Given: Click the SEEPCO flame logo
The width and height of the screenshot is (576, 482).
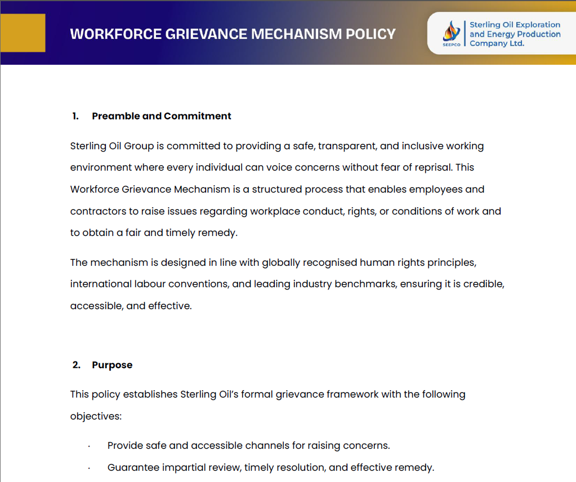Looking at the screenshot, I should [451, 32].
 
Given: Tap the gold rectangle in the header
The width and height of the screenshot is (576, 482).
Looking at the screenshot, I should [23, 33].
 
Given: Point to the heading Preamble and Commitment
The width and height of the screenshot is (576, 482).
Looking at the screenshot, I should [162, 116].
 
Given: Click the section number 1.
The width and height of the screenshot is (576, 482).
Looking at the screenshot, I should [75, 116].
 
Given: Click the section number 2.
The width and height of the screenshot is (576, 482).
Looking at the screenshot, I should [76, 365].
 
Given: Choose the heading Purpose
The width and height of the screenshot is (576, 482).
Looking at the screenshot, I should [112, 365].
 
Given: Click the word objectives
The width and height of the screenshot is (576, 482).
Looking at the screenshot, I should [95, 417].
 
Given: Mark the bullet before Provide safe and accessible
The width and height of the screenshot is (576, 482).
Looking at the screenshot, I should [90, 447].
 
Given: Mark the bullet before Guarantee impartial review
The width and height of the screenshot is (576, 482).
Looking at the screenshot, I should [90, 468].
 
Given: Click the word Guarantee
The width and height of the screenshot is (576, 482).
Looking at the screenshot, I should [133, 467].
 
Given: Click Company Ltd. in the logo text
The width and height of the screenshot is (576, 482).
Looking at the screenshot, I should [497, 43].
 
